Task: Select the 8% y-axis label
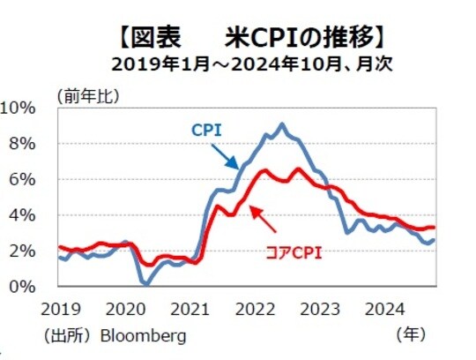[x=22, y=144]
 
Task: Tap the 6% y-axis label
[x=22, y=180]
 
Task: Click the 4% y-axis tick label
[x=22, y=215]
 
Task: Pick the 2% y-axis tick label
[x=22, y=251]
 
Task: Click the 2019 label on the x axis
[x=58, y=311]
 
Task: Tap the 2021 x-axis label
[x=189, y=311]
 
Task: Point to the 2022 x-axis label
[x=253, y=311]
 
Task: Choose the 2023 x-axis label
[x=318, y=311]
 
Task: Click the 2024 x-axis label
[x=383, y=311]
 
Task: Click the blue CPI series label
[x=206, y=130]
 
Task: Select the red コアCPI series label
[x=294, y=252]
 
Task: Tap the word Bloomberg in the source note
[x=144, y=335]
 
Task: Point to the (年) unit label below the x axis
[x=412, y=335]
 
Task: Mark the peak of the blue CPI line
[x=281, y=124]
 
